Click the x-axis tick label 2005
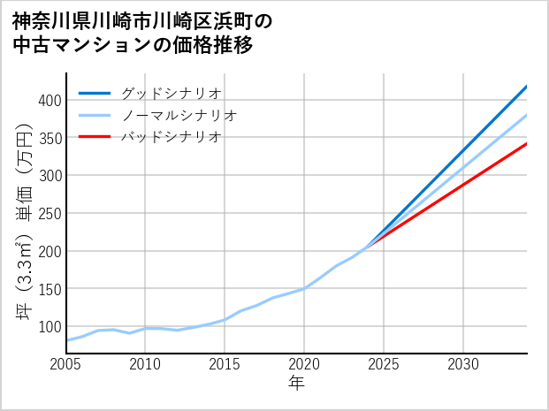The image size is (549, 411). point(65,364)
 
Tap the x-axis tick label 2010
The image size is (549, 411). point(145,364)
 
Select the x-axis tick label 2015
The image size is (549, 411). point(225,364)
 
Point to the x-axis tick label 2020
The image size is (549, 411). point(304,364)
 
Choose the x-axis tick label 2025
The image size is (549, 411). point(384,364)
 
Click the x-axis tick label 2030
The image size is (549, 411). point(463,364)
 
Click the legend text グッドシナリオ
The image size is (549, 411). point(171,94)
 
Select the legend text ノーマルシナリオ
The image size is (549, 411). point(179,116)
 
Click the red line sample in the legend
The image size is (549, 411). point(95,137)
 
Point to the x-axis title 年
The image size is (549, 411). point(296,384)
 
